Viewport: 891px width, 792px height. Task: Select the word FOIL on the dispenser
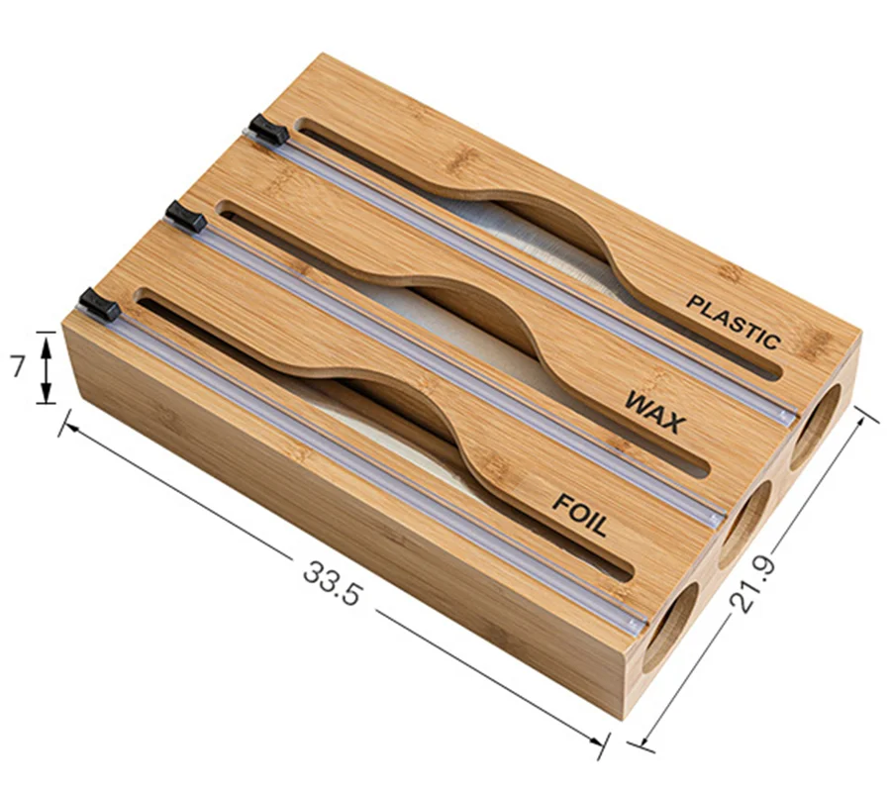click(580, 512)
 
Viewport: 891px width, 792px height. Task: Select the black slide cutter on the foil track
click(99, 304)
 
